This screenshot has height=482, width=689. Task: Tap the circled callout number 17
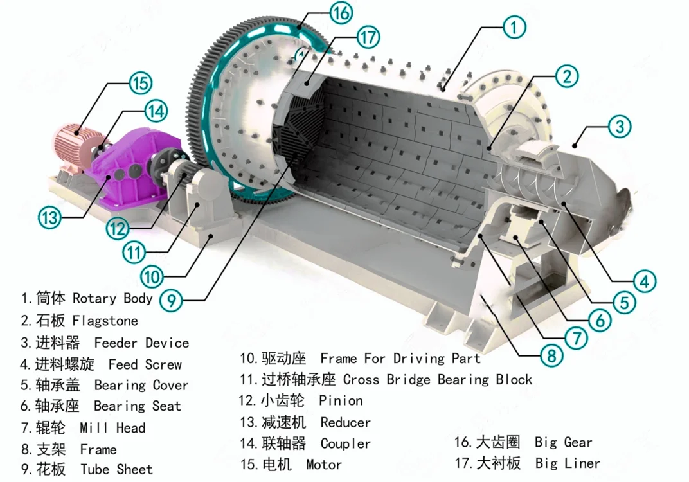pos(368,38)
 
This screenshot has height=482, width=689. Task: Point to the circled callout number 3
pos(619,126)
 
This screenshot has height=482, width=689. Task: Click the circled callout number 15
pos(139,83)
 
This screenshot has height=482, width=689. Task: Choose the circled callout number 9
pos(172,299)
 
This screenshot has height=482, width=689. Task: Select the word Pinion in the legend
pos(341,400)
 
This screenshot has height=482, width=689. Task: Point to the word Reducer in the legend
pos(345,422)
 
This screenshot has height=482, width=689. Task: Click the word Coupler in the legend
pos(345,443)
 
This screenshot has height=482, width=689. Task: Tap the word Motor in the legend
pos(324,464)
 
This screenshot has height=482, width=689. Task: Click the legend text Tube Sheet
pos(116,470)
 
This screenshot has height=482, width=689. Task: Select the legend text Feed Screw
pos(145,364)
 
